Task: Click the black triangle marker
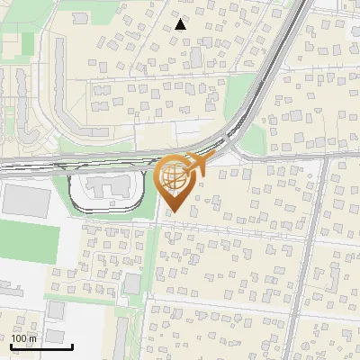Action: click(x=181, y=24)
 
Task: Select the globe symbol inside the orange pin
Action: click(x=175, y=178)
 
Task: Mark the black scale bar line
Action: click(x=41, y=346)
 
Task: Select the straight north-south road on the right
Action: click(x=307, y=261)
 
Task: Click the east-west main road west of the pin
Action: click(x=54, y=163)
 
